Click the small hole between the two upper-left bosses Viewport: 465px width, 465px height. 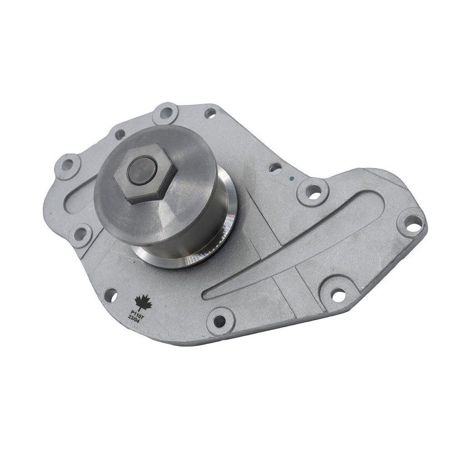point(119,134)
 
